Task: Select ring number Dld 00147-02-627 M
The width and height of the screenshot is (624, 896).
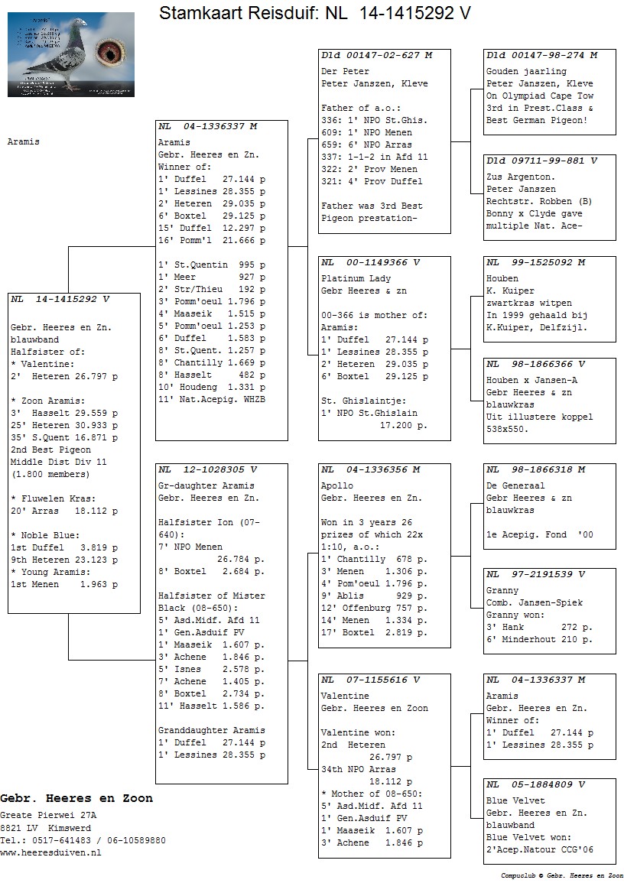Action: click(376, 56)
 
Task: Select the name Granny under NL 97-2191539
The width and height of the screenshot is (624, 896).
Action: click(502, 591)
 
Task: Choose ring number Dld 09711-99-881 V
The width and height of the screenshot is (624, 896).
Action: click(541, 161)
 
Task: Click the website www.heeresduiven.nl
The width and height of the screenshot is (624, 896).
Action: click(50, 852)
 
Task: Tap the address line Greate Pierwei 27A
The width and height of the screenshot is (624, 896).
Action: click(48, 816)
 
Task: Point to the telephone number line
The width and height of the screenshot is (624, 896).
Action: click(83, 840)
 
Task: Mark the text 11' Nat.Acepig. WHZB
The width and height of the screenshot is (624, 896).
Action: click(211, 400)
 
